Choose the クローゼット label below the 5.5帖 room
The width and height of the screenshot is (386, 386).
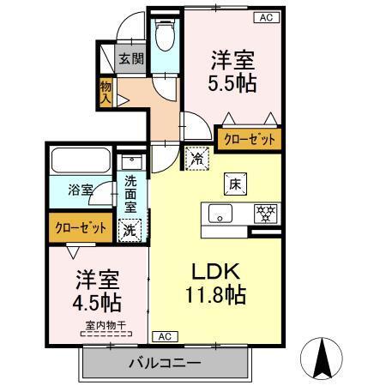250,140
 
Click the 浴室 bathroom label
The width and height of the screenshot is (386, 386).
81,190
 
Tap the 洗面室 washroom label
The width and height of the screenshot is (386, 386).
130,193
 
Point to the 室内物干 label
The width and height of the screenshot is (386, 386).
105,325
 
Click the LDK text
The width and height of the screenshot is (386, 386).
216,272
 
